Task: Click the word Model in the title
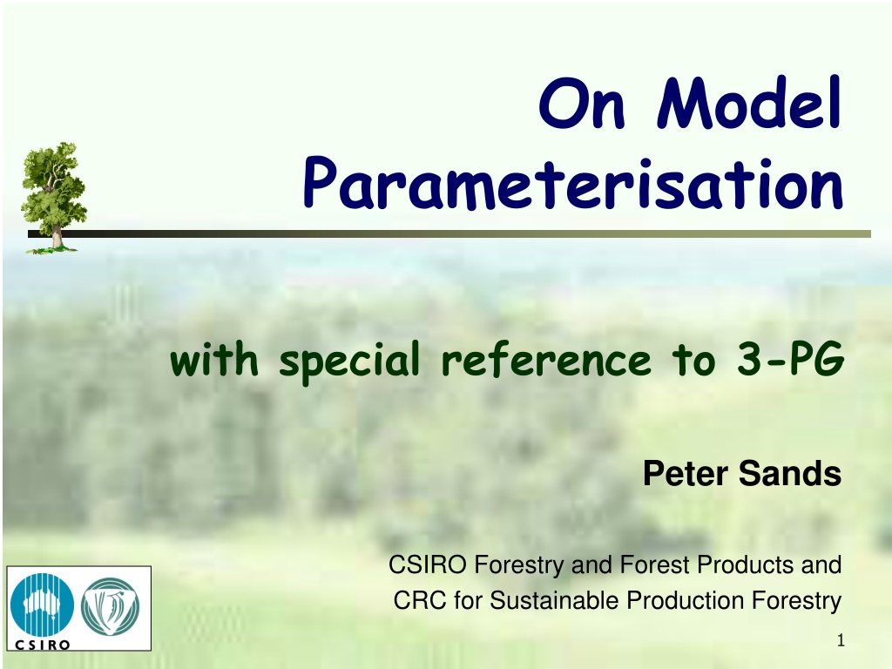click(x=749, y=103)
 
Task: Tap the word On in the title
click(x=581, y=105)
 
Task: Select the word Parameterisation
click(x=573, y=183)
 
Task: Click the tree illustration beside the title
click(x=53, y=197)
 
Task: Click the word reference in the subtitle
click(x=546, y=360)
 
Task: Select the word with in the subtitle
click(x=214, y=359)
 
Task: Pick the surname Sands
click(x=790, y=473)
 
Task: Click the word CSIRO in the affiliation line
click(x=427, y=564)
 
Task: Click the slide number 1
click(x=841, y=641)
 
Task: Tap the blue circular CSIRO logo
click(x=42, y=605)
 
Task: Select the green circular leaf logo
click(x=111, y=606)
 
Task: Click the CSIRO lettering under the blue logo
click(x=42, y=645)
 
